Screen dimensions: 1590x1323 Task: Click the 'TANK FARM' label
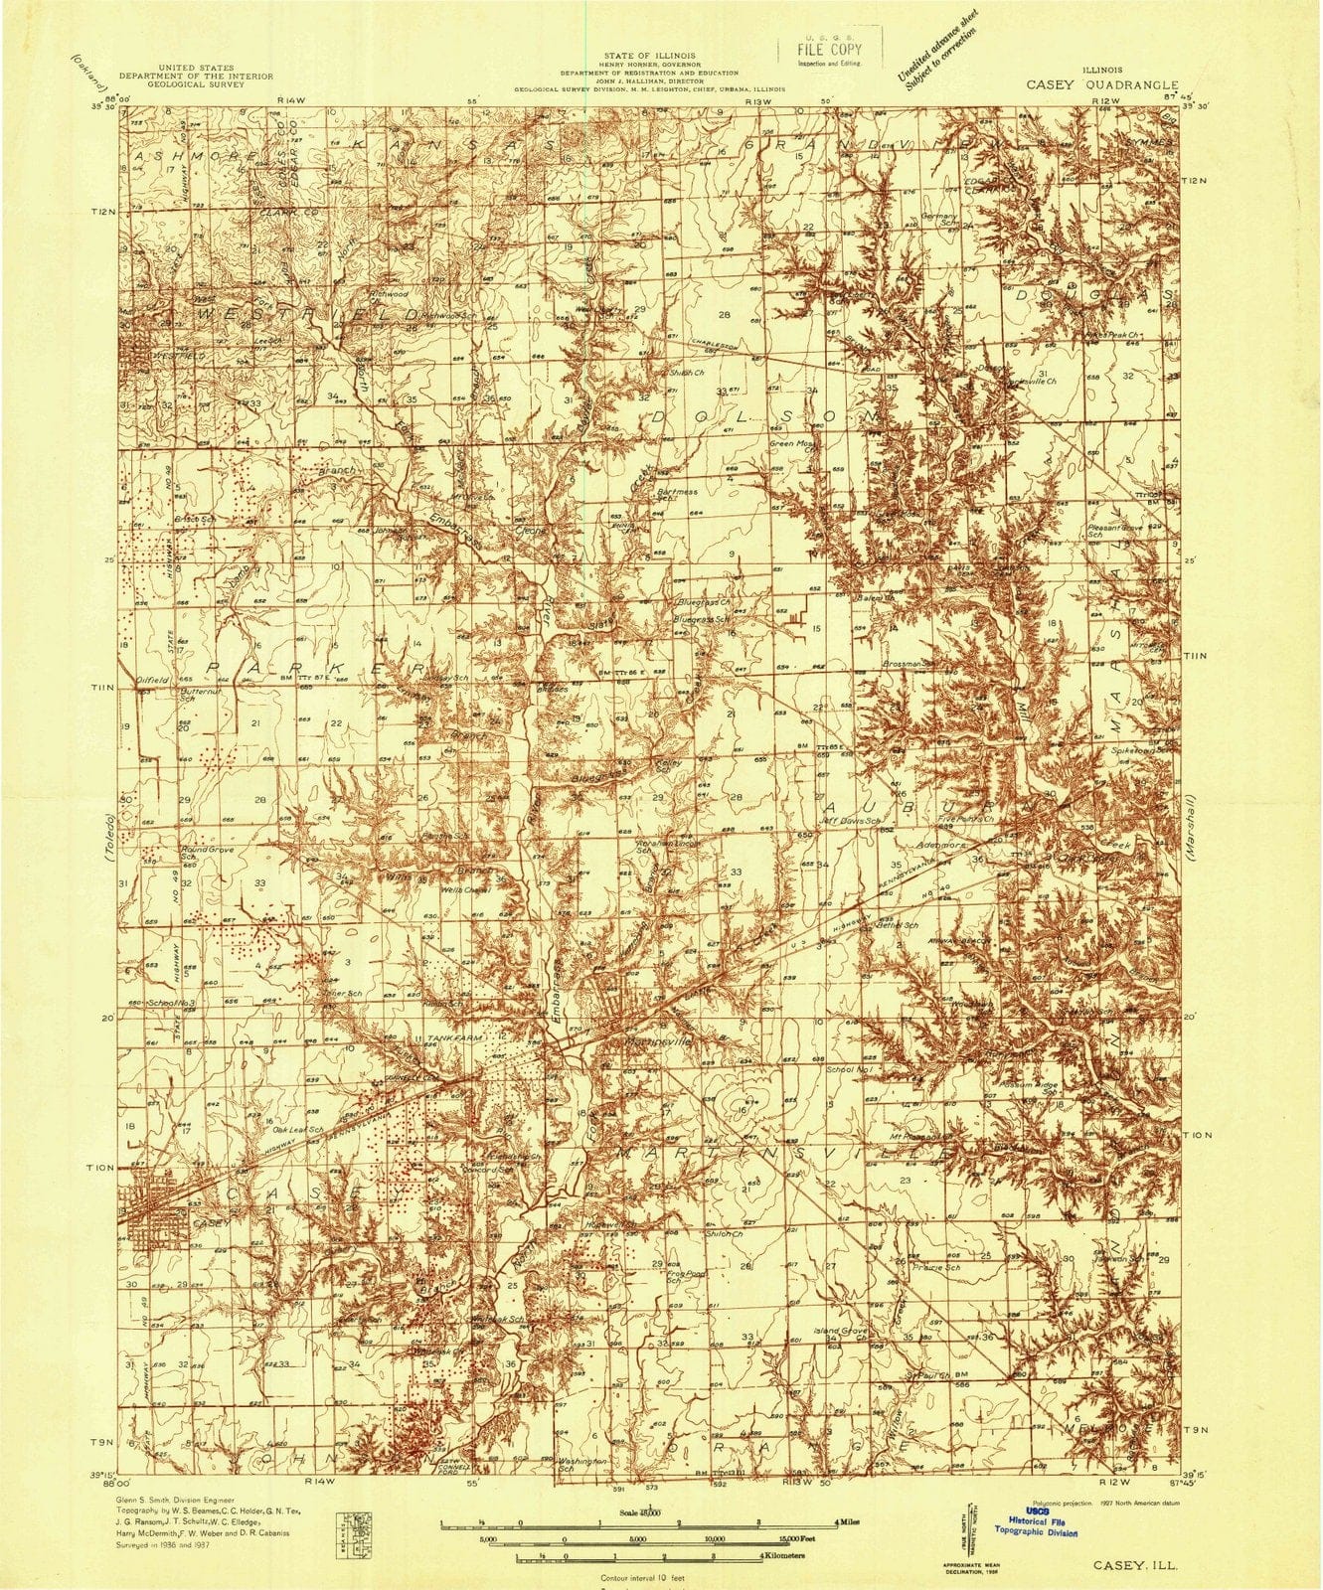pos(453,1037)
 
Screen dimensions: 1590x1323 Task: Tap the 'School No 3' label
pos(171,1005)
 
